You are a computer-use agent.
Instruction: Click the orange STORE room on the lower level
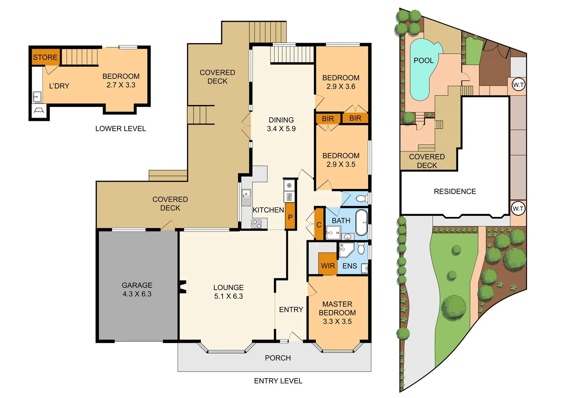(x=45, y=57)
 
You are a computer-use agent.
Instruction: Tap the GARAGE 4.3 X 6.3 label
(x=137, y=290)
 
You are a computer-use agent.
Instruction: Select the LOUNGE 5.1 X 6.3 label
(x=228, y=292)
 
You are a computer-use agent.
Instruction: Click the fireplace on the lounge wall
(x=183, y=287)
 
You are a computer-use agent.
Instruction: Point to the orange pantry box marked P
(x=290, y=217)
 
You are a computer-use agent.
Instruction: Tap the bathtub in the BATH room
(x=362, y=223)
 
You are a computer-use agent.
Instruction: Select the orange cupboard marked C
(x=319, y=224)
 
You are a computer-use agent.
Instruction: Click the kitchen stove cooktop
(x=256, y=223)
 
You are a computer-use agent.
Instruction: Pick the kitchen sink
(x=246, y=198)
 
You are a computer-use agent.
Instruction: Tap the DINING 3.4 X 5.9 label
(x=281, y=124)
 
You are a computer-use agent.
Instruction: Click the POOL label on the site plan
(x=423, y=60)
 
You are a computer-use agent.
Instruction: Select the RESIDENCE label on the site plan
(x=455, y=191)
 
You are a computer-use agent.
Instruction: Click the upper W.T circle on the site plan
(x=518, y=85)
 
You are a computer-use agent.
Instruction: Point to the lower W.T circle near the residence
(x=518, y=209)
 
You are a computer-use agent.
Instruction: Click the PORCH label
(x=278, y=358)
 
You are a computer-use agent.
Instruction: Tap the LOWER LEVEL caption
(x=121, y=129)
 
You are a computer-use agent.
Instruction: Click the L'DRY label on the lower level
(x=59, y=86)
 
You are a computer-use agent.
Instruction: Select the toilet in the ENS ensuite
(x=361, y=249)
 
